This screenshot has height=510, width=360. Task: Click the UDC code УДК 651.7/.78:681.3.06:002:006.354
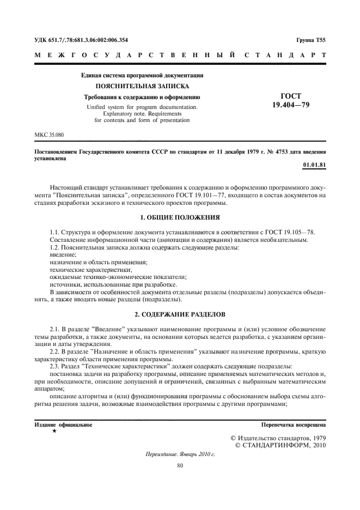(81, 40)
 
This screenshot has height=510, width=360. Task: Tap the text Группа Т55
(311, 40)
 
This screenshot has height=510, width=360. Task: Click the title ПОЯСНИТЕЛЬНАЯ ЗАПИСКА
(142, 86)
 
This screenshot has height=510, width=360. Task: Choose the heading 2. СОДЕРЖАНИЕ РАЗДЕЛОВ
(180, 314)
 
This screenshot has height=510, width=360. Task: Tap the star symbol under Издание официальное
(54, 431)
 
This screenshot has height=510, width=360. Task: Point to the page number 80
(180, 465)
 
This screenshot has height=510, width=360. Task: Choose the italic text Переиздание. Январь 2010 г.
(180, 454)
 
